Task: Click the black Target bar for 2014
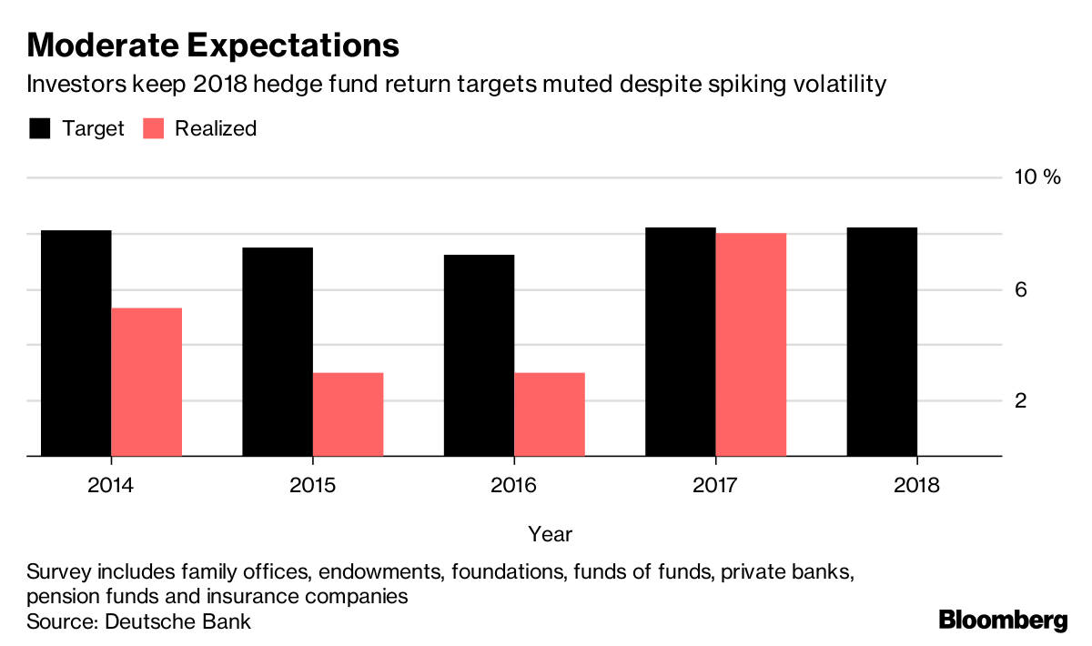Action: click(76, 343)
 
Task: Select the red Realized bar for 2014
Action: click(147, 382)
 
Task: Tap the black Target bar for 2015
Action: click(278, 352)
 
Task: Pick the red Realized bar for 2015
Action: click(348, 414)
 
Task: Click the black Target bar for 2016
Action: click(479, 356)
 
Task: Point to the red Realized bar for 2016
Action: click(550, 414)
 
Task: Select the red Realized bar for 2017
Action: click(751, 345)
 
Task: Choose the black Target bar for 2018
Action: click(882, 342)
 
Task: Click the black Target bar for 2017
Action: click(681, 342)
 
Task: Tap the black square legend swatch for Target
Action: click(39, 128)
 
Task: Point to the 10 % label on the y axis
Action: click(1037, 177)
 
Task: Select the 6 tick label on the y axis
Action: click(1021, 289)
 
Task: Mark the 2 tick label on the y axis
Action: click(1021, 400)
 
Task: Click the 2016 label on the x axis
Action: click(514, 485)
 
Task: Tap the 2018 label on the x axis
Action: click(917, 485)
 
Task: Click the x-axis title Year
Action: click(550, 532)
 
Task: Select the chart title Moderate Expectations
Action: click(213, 45)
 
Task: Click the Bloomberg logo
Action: click(1003, 621)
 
